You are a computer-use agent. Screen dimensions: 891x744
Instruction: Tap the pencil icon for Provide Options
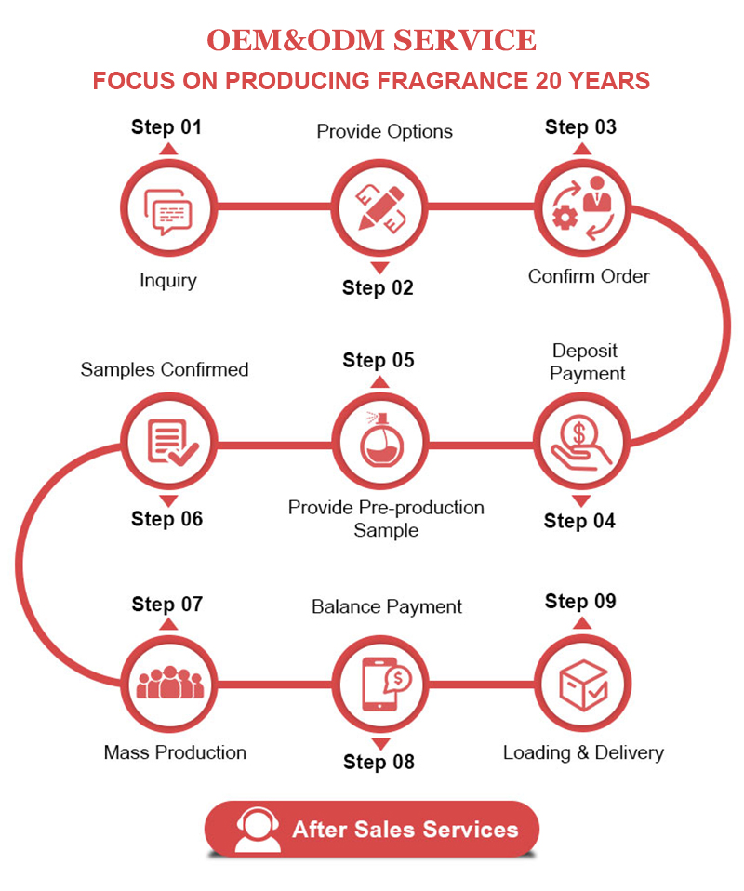tap(379, 206)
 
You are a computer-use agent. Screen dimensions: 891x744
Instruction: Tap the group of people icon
tap(168, 684)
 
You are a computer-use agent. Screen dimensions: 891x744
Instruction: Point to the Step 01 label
tap(166, 127)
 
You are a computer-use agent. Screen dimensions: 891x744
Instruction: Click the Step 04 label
tap(579, 521)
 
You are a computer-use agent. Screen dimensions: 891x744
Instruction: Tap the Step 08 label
tap(379, 762)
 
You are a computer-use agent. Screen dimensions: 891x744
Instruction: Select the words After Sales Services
tap(405, 830)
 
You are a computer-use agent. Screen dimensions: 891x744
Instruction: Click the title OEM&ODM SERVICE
tap(371, 40)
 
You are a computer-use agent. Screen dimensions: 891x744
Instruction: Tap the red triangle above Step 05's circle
tap(379, 381)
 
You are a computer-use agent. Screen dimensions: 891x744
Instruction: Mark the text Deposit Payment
tap(587, 362)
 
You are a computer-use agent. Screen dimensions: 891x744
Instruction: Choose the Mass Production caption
tap(175, 752)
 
